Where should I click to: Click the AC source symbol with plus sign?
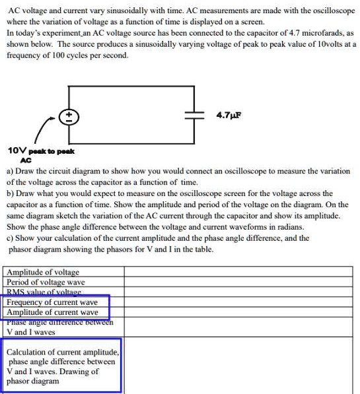pyautogui.click(x=68, y=117)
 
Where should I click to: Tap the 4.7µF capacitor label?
pyautogui.click(x=229, y=114)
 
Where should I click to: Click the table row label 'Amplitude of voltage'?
pyautogui.click(x=43, y=272)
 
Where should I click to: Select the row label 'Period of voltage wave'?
pyautogui.click(x=46, y=282)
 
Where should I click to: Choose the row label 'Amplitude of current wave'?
pyautogui.click(x=52, y=312)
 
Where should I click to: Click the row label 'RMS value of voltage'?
pyautogui.click(x=44, y=292)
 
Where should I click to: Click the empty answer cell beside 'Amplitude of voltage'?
pyautogui.click(x=238, y=272)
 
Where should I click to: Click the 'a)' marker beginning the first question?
pyautogui.click(x=9, y=171)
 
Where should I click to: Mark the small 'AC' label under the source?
pyautogui.click(x=26, y=160)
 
